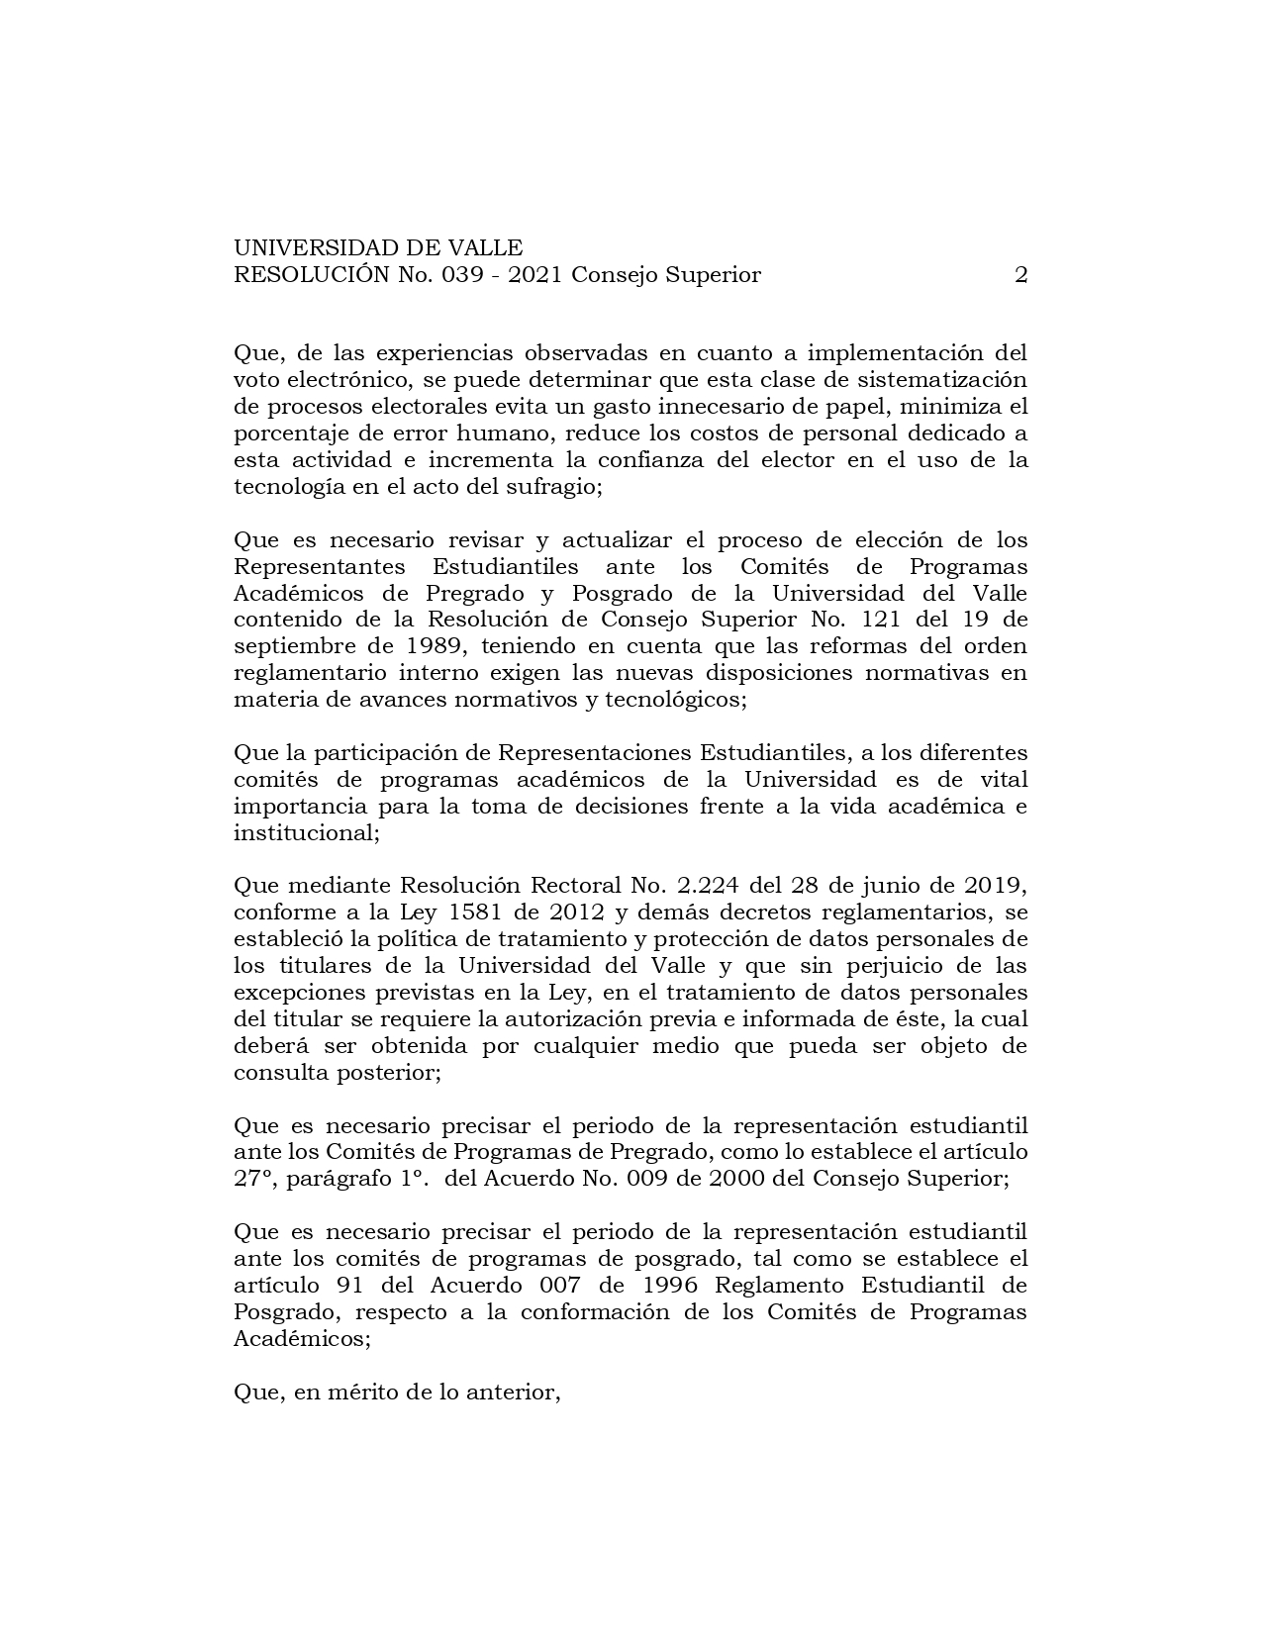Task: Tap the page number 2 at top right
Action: (1020, 275)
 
